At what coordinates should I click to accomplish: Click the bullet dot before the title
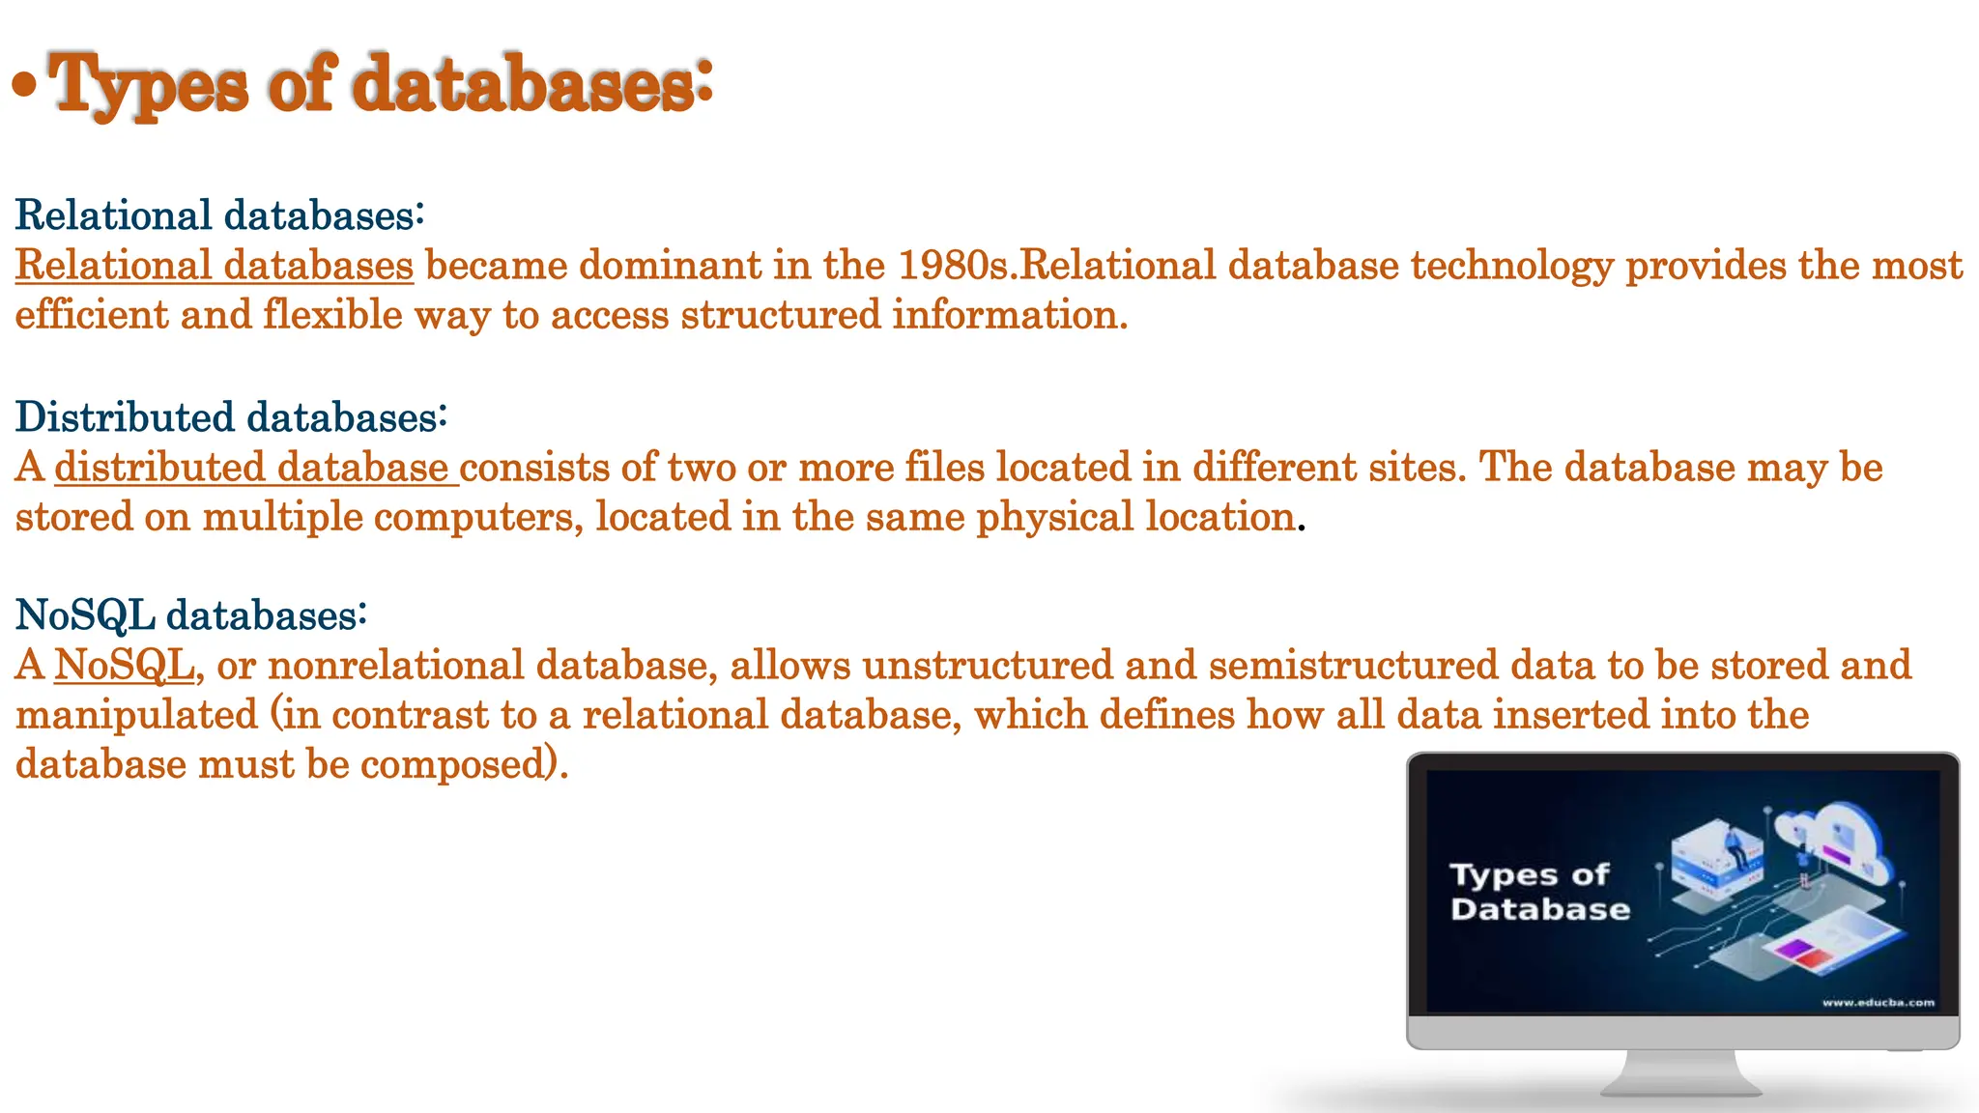click(x=25, y=86)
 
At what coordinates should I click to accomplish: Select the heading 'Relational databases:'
click(x=219, y=214)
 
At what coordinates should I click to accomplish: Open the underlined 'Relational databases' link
click(x=214, y=266)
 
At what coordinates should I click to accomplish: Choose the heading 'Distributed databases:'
click(x=231, y=416)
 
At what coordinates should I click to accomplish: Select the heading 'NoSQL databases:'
click(x=191, y=614)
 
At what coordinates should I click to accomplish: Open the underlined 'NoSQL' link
click(x=124, y=665)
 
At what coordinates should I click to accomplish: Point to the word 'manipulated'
click(x=136, y=715)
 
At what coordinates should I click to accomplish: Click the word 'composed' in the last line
click(x=454, y=764)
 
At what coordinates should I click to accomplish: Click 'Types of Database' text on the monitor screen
click(x=1538, y=892)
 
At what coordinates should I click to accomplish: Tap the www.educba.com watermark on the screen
click(x=1878, y=1002)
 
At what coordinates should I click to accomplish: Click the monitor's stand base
click(x=1682, y=1086)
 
